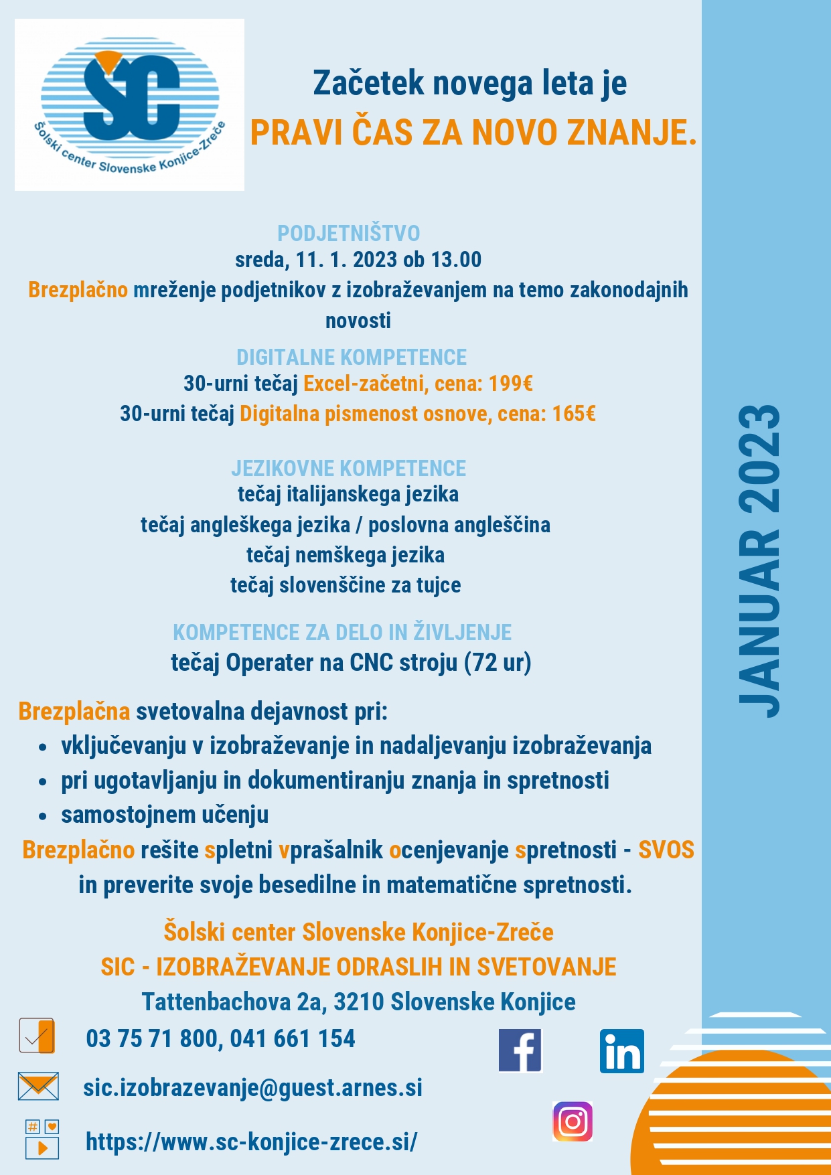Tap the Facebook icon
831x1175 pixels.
click(520, 1050)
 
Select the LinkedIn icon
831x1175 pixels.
click(621, 1051)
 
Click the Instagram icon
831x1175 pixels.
click(573, 1121)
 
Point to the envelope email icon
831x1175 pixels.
click(38, 1086)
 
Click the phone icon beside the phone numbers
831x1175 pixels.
click(37, 1036)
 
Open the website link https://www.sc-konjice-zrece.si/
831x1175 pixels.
click(251, 1142)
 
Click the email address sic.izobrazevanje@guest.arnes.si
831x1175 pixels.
click(252, 1088)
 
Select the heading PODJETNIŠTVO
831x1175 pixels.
click(349, 233)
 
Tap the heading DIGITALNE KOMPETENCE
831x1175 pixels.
click(352, 357)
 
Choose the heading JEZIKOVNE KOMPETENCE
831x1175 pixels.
click(349, 468)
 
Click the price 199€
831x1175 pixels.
click(511, 384)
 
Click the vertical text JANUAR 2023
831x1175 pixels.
click(759, 561)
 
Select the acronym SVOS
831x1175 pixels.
click(666, 850)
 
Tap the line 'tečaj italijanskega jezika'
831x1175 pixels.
click(348, 495)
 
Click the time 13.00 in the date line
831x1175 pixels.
click(456, 260)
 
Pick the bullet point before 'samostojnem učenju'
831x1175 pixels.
click(43, 816)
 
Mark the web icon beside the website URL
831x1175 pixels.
click(42, 1139)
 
